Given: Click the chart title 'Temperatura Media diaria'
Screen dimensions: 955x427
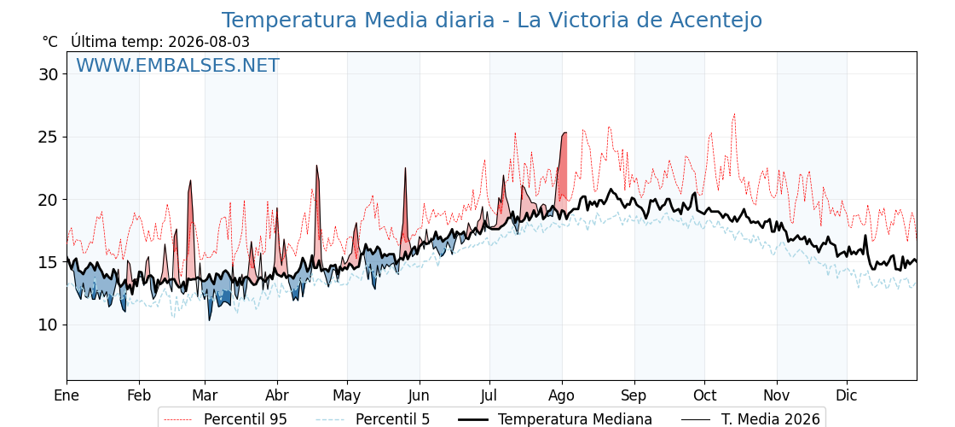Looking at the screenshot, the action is pos(357,20).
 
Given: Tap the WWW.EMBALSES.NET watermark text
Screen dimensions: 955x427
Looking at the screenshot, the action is pos(178,65).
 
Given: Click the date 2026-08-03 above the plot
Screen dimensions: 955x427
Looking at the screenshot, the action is pos(209,42).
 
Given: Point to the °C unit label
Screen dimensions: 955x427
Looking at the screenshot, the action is pos(50,42).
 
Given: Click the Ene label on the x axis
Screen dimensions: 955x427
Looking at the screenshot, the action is pos(67,396).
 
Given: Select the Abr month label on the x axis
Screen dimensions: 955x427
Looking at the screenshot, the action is pos(277,396).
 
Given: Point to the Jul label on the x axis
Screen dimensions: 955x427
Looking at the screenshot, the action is pos(489,396).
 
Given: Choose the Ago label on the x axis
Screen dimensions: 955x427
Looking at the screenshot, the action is pos(562,396).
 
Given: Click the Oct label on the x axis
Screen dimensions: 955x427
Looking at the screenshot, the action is pos(704,396).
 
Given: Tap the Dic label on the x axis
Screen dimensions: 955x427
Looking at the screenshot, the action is pos(847,396).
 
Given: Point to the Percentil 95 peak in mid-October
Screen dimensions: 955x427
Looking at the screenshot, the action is pos(734,114).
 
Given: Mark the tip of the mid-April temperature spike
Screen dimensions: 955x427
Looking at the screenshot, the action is pos(316,166).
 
